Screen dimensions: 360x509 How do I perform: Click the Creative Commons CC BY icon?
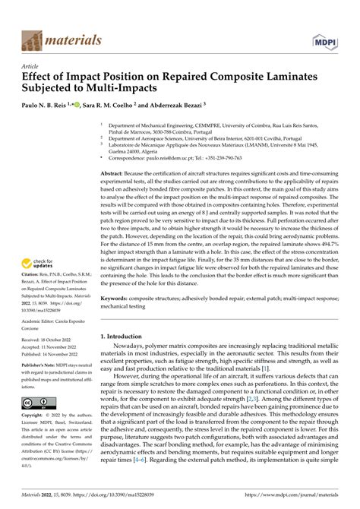37,422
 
